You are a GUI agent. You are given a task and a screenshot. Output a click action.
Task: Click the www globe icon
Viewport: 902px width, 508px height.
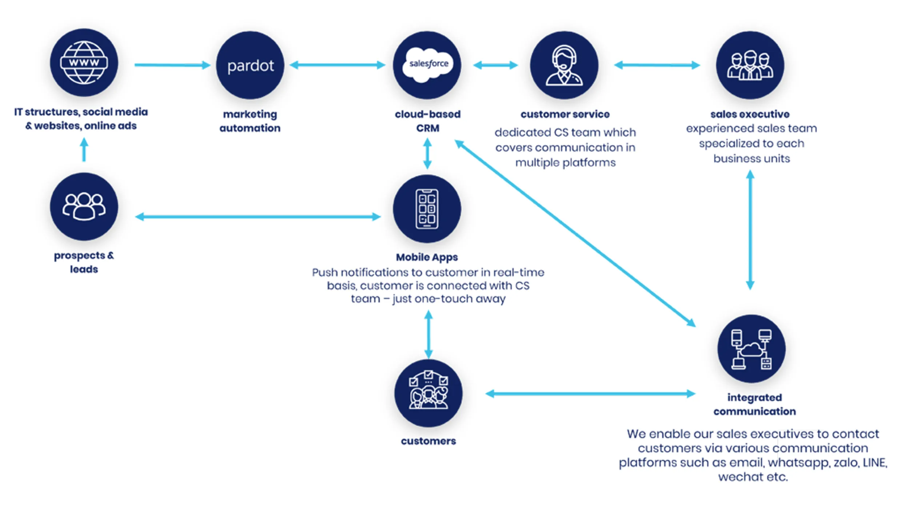pyautogui.click(x=84, y=63)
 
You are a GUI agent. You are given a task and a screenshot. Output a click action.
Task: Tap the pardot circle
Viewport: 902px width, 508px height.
pyautogui.click(x=250, y=65)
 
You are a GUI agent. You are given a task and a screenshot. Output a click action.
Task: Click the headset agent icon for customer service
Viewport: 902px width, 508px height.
pyautogui.click(x=564, y=66)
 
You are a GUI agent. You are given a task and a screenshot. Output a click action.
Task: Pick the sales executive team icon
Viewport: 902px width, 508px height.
pyautogui.click(x=750, y=66)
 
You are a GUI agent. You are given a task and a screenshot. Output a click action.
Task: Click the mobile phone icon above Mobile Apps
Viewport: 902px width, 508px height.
pyautogui.click(x=427, y=209)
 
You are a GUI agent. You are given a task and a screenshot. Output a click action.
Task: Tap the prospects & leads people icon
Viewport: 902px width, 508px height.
pyautogui.click(x=84, y=206)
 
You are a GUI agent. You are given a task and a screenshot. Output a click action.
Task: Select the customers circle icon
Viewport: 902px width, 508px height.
pyautogui.click(x=428, y=393)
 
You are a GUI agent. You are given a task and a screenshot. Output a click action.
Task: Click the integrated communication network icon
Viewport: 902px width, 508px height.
pyautogui.click(x=751, y=349)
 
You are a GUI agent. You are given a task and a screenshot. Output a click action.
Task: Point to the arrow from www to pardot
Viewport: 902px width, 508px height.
pyautogui.click(x=172, y=65)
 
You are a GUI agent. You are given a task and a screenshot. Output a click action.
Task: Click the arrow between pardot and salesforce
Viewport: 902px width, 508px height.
pyautogui.click(x=337, y=65)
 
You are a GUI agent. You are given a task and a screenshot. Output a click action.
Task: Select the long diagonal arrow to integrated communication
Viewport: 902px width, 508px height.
pyautogui.click(x=575, y=233)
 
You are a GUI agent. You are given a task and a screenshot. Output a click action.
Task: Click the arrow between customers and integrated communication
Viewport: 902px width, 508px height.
pyautogui.click(x=590, y=394)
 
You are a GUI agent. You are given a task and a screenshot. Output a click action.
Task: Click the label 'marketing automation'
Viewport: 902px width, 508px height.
pyautogui.click(x=250, y=121)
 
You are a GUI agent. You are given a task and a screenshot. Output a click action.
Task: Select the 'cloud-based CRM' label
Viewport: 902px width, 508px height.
pyautogui.click(x=427, y=121)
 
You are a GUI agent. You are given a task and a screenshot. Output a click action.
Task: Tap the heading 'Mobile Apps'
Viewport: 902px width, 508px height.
pyautogui.click(x=427, y=257)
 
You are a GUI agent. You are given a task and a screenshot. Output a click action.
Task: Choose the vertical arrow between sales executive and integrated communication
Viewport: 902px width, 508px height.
pyautogui.click(x=750, y=230)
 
